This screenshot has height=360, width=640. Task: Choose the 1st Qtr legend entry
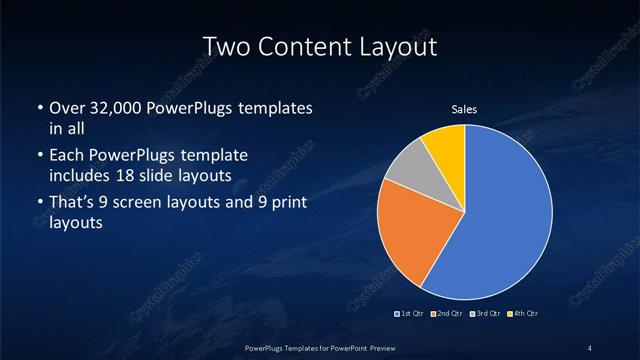[x=411, y=314]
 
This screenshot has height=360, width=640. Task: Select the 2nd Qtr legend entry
[x=447, y=314]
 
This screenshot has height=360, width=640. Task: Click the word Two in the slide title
[x=227, y=46]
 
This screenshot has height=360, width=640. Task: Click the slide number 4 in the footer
[x=590, y=347]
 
